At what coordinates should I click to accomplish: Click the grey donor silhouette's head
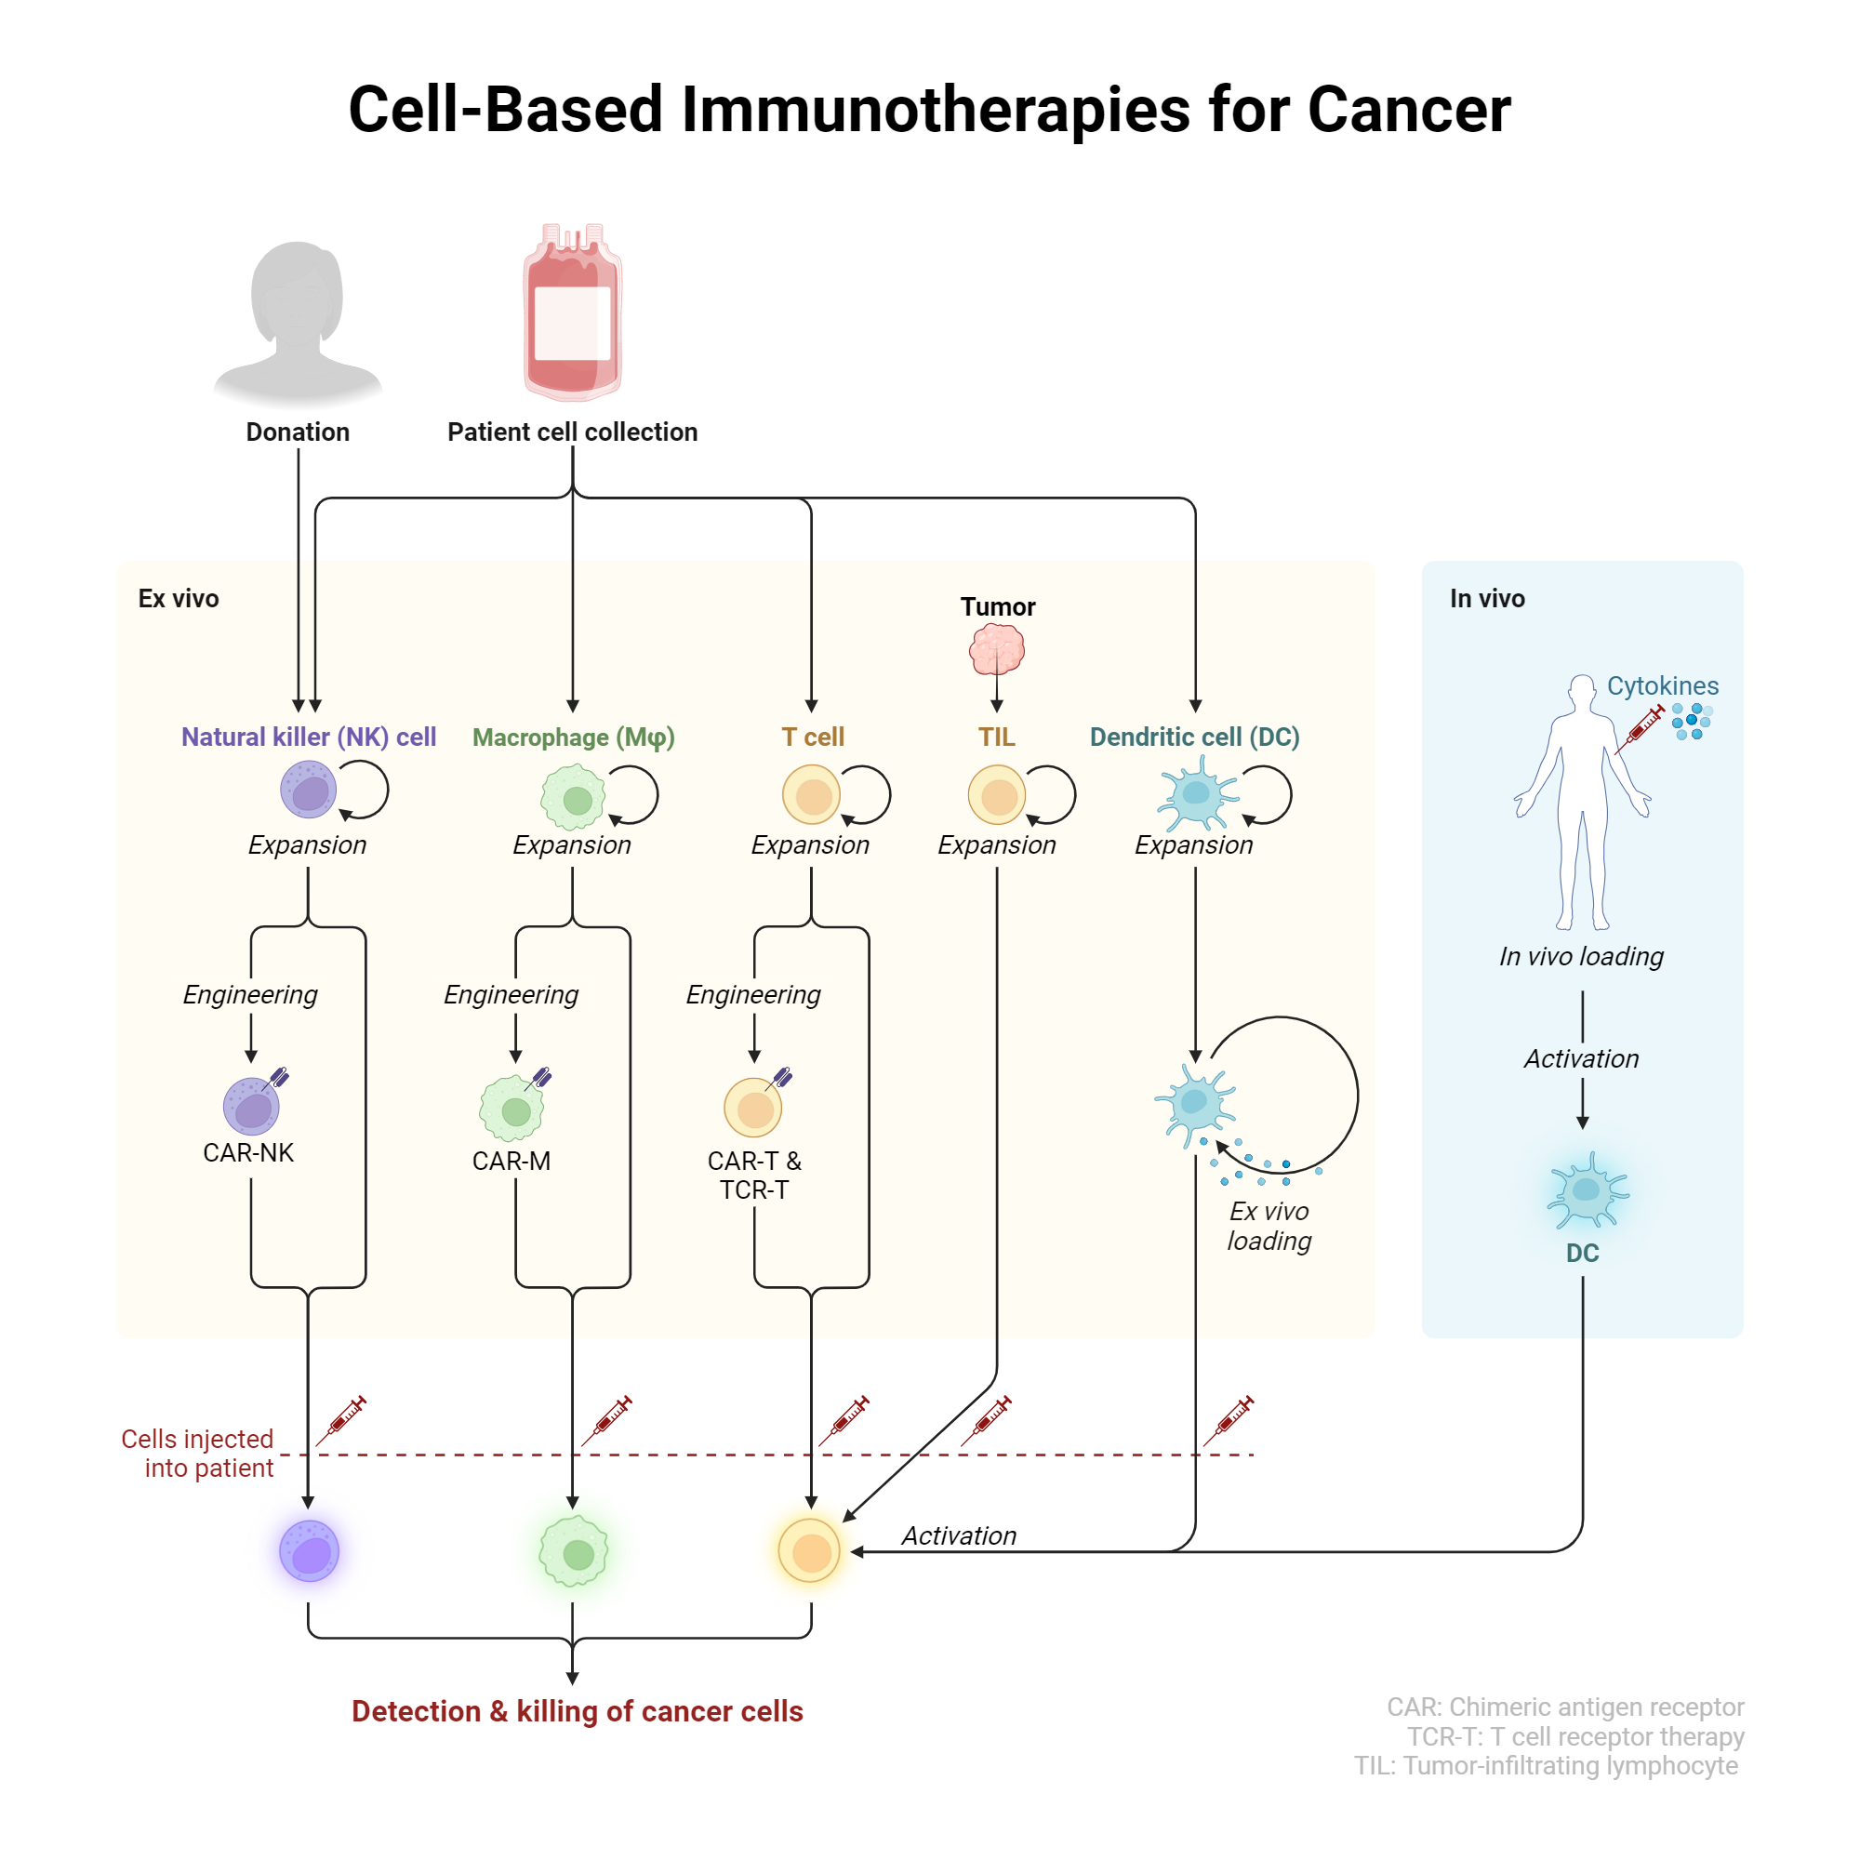(x=297, y=294)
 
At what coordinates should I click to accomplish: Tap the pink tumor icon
(x=996, y=649)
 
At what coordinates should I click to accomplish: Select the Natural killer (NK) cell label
(x=308, y=737)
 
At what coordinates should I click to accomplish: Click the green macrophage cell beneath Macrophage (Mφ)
(x=574, y=797)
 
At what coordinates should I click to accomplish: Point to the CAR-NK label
(x=248, y=1152)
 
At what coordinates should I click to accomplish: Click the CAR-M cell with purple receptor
(x=513, y=1109)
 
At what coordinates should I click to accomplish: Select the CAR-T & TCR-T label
(x=754, y=1176)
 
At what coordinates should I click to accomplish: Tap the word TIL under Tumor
(x=996, y=737)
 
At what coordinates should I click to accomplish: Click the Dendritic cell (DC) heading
(x=1194, y=737)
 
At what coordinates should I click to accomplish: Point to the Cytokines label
(x=1662, y=685)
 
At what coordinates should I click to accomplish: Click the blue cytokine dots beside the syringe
(x=1691, y=720)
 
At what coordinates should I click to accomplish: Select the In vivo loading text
(x=1581, y=956)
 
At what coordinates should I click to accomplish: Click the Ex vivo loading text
(x=1268, y=1226)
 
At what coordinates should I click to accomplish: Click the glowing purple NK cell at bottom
(x=309, y=1551)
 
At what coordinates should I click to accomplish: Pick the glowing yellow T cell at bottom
(x=810, y=1551)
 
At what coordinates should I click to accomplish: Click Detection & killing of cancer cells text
(x=577, y=1711)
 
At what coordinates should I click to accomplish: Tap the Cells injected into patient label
(x=198, y=1453)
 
